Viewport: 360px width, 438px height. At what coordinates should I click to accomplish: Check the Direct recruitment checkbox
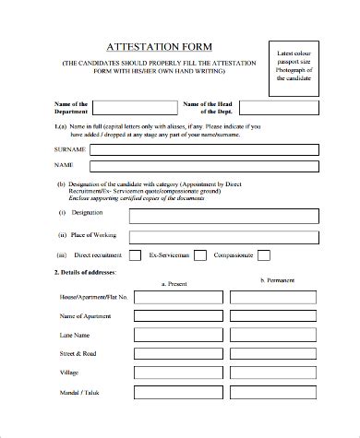coord(134,255)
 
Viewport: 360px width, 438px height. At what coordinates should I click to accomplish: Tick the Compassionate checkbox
coord(264,255)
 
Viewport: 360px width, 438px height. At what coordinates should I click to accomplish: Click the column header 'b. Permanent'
coord(278,278)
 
